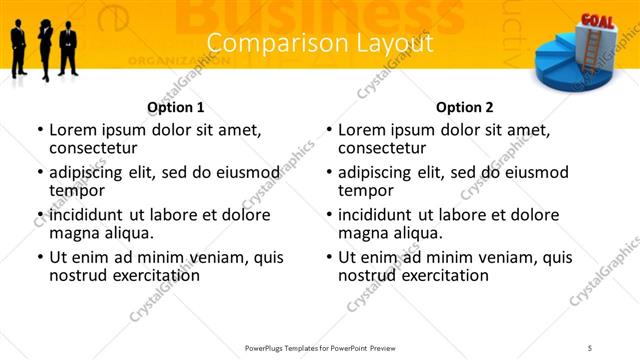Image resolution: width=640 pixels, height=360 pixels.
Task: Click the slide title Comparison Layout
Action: [x=320, y=44]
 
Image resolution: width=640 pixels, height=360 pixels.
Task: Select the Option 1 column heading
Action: [x=176, y=107]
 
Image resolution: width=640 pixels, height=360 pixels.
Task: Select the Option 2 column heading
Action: [x=465, y=107]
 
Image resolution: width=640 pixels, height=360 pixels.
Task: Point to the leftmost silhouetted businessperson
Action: [x=19, y=48]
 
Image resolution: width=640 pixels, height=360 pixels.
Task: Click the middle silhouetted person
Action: [x=44, y=47]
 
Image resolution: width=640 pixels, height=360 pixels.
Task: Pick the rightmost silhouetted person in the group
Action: [x=68, y=48]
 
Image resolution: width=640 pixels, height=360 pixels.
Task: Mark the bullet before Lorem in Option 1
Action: [x=40, y=130]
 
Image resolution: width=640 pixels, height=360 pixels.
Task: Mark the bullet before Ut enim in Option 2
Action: [x=329, y=257]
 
